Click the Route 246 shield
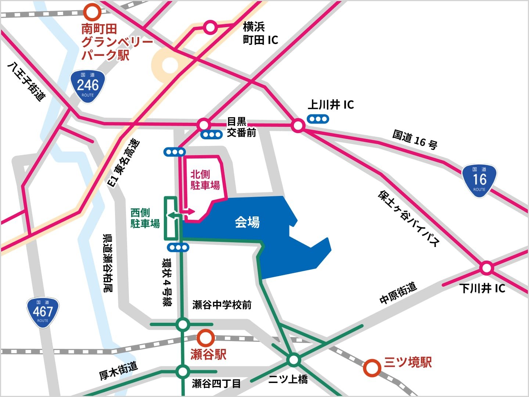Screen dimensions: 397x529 (x=88, y=86)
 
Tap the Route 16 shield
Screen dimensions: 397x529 (x=479, y=180)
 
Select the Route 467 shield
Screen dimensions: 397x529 (x=43, y=312)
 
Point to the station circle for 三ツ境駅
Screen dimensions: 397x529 (x=372, y=368)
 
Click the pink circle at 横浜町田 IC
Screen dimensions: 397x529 (x=210, y=27)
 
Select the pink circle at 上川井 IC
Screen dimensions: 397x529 (x=298, y=126)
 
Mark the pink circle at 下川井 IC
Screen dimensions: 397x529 (x=486, y=268)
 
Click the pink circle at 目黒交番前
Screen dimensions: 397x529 (x=203, y=125)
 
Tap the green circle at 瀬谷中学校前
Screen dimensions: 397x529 (x=183, y=325)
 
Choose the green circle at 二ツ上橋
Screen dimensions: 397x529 (x=294, y=360)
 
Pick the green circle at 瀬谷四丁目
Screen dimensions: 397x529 (x=183, y=372)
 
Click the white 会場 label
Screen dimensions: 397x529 (x=247, y=222)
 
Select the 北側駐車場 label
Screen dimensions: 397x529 (x=205, y=180)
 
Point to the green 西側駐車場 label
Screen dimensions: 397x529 (x=145, y=218)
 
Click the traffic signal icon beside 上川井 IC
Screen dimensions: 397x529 (x=318, y=119)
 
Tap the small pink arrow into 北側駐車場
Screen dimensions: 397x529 (x=190, y=212)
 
